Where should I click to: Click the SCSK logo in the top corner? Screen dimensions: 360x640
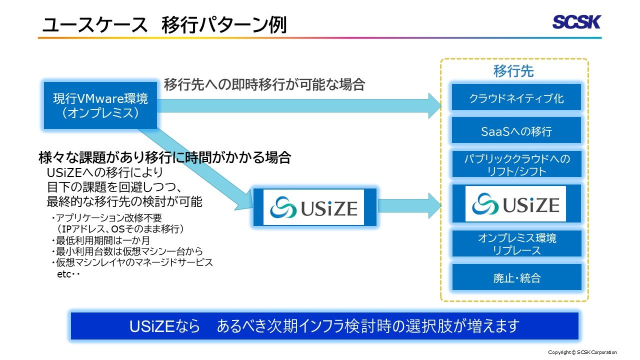tap(576, 22)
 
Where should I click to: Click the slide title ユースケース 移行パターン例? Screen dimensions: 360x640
tap(164, 25)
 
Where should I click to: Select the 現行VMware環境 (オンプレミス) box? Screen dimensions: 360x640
tap(100, 105)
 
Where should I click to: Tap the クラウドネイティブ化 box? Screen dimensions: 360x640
tap(516, 98)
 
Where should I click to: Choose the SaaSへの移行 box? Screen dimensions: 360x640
tap(516, 131)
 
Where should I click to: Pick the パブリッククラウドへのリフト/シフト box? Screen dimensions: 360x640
tap(516, 164)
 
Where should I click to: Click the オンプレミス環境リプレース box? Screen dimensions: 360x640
tap(516, 244)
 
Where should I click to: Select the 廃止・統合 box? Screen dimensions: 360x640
tap(516, 277)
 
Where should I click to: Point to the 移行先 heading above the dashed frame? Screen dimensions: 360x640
tap(513, 71)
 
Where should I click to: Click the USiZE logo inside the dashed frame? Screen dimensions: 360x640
tap(515, 204)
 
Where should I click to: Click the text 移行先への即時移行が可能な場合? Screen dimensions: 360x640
tap(264, 84)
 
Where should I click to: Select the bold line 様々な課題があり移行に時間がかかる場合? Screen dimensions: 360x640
tap(164, 158)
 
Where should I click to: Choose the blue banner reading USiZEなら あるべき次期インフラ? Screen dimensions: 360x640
tap(324, 326)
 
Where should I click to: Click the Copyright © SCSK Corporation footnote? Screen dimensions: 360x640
tap(582, 352)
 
